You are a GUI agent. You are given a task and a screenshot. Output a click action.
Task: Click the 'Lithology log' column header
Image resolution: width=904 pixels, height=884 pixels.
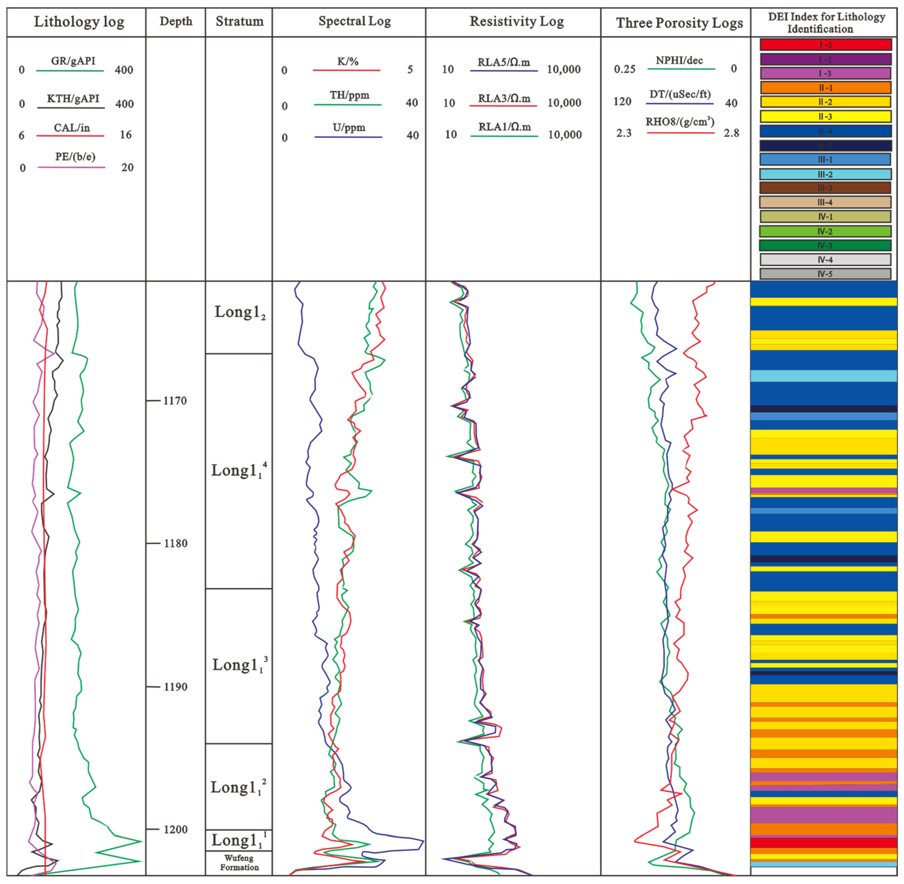click(79, 22)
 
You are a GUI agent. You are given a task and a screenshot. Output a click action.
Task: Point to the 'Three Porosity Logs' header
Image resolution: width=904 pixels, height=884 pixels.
click(679, 23)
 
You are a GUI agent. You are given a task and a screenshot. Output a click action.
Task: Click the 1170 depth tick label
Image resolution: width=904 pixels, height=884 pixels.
click(175, 401)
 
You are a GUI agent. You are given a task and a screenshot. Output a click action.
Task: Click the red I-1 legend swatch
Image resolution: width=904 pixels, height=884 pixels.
click(826, 45)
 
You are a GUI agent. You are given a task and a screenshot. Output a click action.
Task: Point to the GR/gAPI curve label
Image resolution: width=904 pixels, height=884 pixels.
click(73, 61)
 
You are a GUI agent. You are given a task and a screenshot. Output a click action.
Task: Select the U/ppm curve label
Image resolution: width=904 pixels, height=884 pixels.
click(349, 128)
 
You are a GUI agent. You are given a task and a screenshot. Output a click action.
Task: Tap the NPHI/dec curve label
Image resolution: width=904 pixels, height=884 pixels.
click(679, 60)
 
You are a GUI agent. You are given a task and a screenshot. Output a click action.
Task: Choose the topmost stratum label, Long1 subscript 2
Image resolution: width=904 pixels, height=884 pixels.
click(239, 312)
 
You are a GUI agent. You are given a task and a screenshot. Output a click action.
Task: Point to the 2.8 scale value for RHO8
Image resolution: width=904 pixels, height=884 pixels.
click(731, 133)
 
